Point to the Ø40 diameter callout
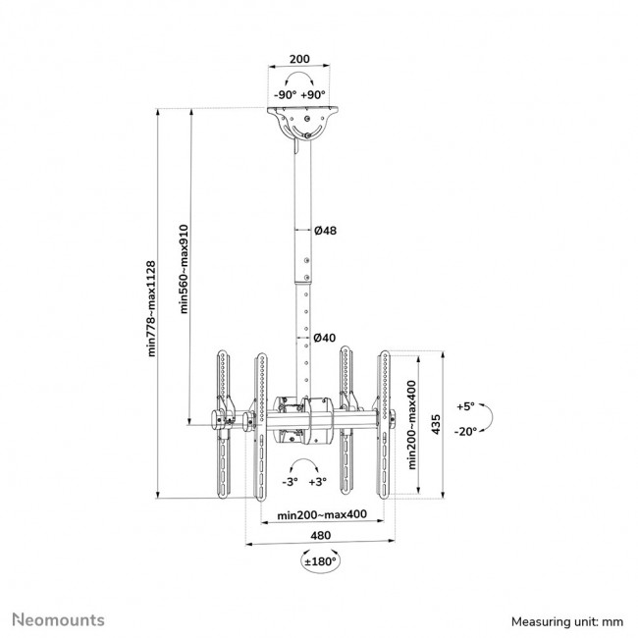[325, 338]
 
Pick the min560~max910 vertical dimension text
[184, 267]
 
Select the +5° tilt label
[465, 405]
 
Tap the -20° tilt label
[465, 431]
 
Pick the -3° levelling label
[290, 482]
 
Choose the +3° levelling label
[317, 482]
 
